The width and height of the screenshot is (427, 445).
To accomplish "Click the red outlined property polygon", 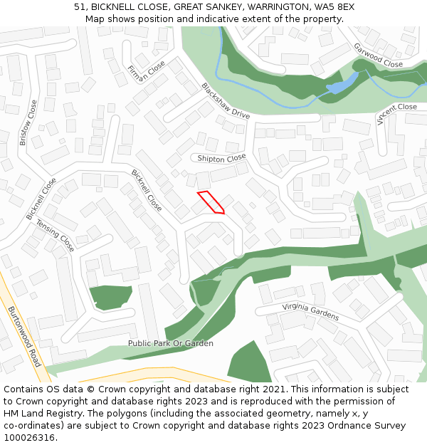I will point(211,201).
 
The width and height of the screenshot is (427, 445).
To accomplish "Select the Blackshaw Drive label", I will point(226,101).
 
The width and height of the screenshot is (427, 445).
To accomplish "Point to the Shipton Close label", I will point(221,158).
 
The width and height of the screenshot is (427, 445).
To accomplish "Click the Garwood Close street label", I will point(378,55).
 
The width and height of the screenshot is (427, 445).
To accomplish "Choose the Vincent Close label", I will point(396,113).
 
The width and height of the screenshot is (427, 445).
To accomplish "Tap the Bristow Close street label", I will point(28,122).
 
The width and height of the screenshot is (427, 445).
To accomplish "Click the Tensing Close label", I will point(56,235).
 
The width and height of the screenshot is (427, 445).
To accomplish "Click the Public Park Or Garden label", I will point(170,343).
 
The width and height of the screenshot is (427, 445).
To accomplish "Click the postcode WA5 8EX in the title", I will point(334,7).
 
